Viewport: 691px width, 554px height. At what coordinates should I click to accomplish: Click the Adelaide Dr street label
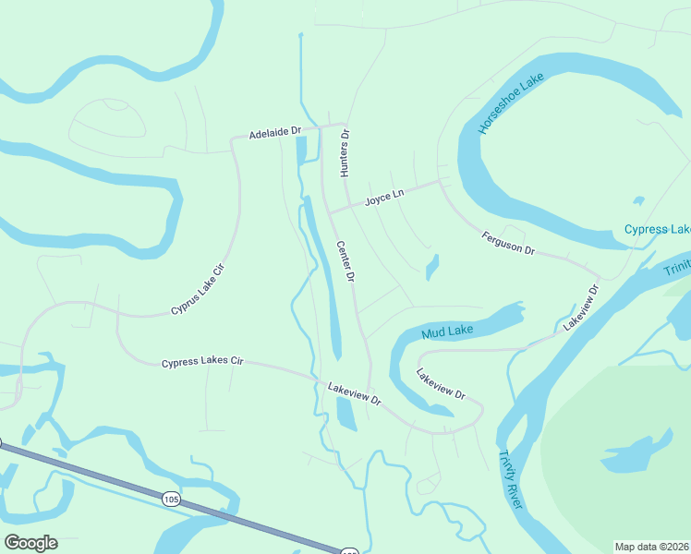[x=275, y=134]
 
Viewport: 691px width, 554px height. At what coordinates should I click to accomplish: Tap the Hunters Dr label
[x=345, y=153]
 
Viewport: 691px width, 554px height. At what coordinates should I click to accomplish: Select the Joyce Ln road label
[x=384, y=198]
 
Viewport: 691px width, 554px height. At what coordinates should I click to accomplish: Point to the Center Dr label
[x=345, y=262]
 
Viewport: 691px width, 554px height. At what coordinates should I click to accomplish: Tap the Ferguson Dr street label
[x=508, y=244]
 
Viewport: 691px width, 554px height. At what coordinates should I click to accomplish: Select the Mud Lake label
[x=447, y=331]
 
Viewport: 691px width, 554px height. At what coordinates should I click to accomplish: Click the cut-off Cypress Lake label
[x=657, y=229]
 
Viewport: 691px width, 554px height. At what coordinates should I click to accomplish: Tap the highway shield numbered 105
[x=170, y=500]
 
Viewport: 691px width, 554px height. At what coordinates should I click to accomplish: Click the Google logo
[x=30, y=542]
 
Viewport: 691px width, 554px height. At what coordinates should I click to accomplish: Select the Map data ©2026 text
[x=651, y=546]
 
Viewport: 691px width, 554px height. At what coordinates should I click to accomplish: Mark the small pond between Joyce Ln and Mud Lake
[x=431, y=268]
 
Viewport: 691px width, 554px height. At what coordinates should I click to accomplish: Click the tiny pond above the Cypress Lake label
[x=637, y=200]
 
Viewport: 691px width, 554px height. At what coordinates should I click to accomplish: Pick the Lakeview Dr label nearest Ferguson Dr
[x=581, y=307]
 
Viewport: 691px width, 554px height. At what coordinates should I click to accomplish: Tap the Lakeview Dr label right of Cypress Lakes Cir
[x=354, y=394]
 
